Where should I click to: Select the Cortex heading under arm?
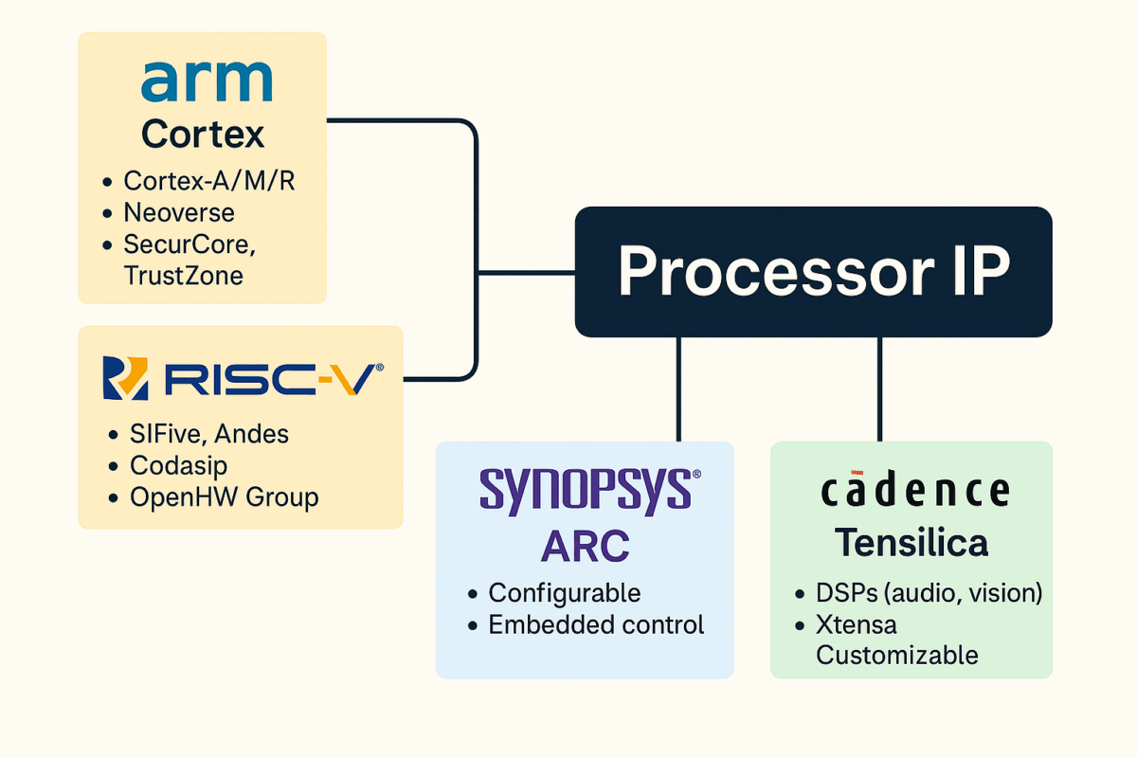click(203, 135)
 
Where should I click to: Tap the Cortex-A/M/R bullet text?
click(209, 181)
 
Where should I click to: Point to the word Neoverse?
click(179, 212)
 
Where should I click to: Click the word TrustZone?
click(184, 276)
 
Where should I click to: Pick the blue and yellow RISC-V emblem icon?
click(125, 378)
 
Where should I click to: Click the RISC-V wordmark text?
click(273, 378)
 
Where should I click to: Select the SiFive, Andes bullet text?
click(209, 434)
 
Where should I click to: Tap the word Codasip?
click(179, 465)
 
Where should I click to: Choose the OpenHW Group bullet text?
click(225, 496)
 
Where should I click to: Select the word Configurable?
click(565, 593)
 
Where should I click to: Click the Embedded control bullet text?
click(596, 625)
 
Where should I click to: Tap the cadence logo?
click(914, 490)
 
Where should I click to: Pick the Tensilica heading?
click(911, 543)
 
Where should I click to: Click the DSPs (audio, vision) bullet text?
click(929, 593)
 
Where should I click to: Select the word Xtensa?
click(857, 625)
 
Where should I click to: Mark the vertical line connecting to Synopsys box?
click(678, 388)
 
